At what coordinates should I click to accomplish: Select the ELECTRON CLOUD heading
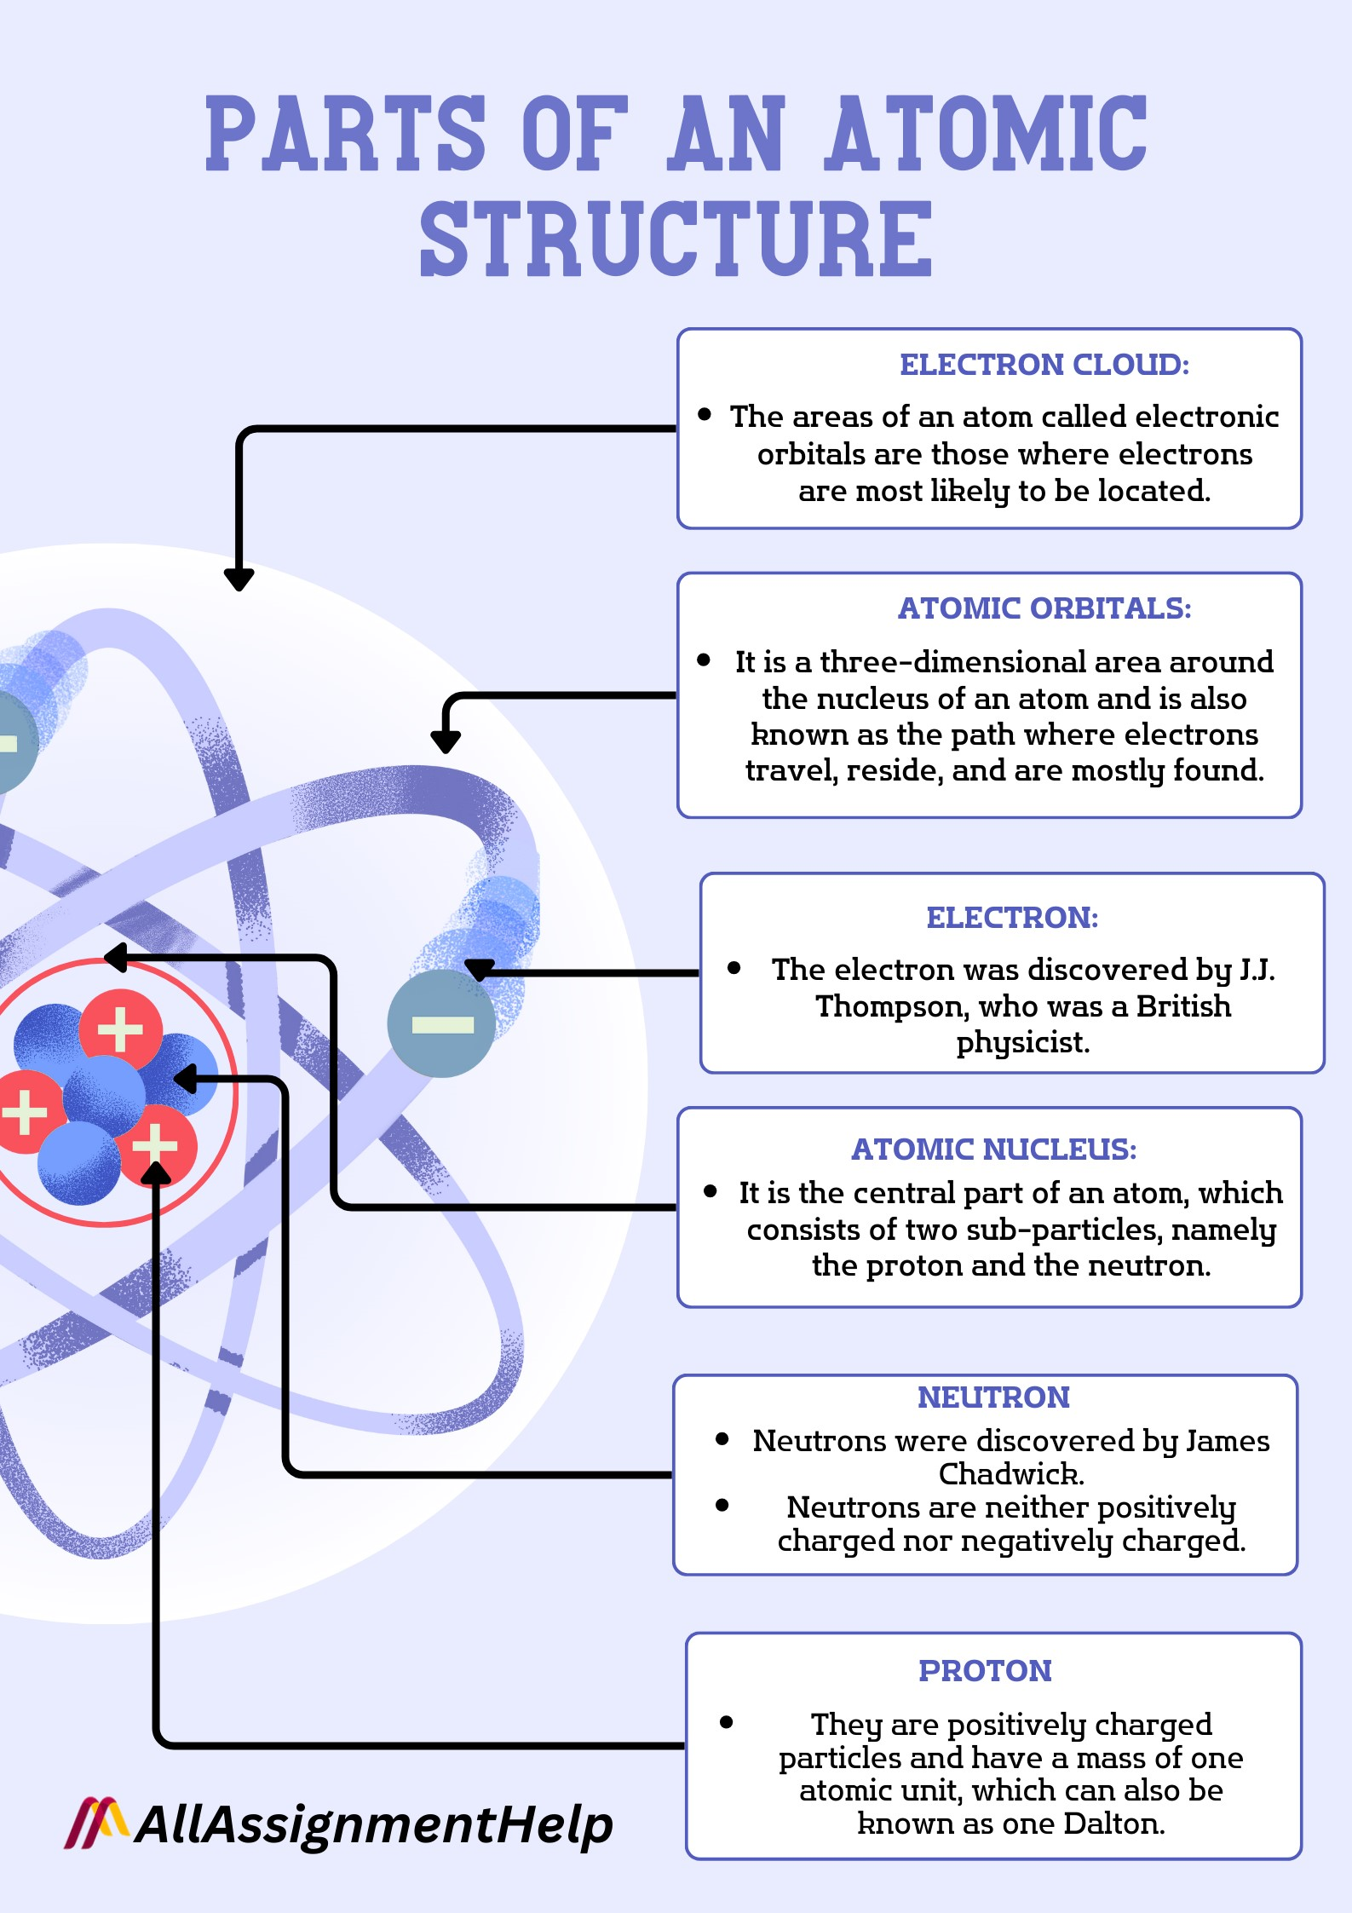(x=1044, y=365)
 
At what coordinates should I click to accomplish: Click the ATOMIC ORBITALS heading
(x=1044, y=608)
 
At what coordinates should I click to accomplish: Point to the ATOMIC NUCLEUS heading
(x=993, y=1150)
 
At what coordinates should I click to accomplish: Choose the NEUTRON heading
(x=993, y=1397)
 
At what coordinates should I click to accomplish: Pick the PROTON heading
(x=985, y=1671)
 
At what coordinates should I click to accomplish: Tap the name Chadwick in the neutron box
(x=1010, y=1473)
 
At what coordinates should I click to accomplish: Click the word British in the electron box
(x=1183, y=1006)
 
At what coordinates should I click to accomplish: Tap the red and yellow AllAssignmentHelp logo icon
(x=96, y=1823)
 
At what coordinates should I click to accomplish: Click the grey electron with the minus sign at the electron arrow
(x=441, y=1023)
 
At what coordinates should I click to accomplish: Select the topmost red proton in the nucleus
(x=121, y=1029)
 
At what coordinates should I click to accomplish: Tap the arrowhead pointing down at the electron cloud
(x=239, y=579)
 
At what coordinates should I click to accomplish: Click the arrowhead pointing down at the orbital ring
(x=445, y=742)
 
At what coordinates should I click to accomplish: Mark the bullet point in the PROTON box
(x=726, y=1722)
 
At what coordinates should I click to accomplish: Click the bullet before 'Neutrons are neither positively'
(x=722, y=1506)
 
